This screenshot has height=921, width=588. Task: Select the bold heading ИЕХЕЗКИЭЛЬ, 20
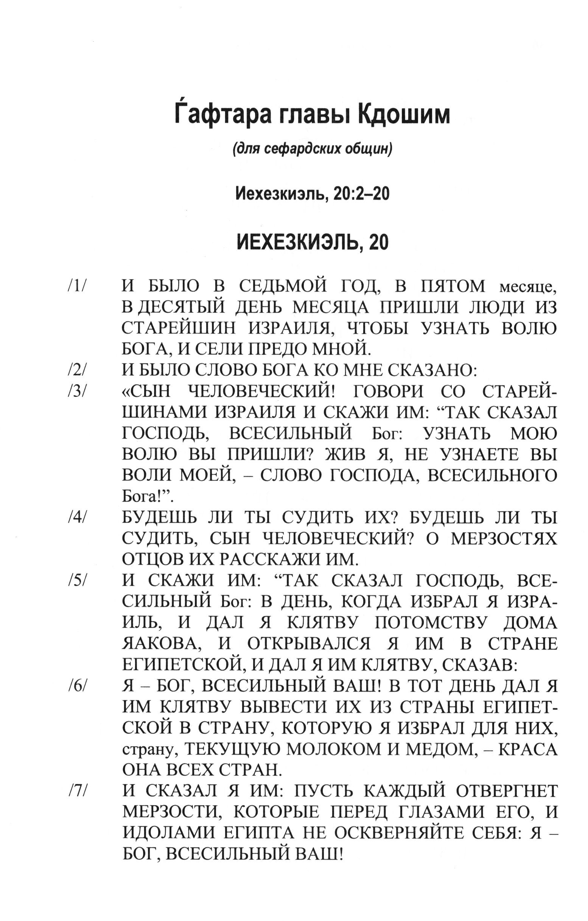click(313, 242)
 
